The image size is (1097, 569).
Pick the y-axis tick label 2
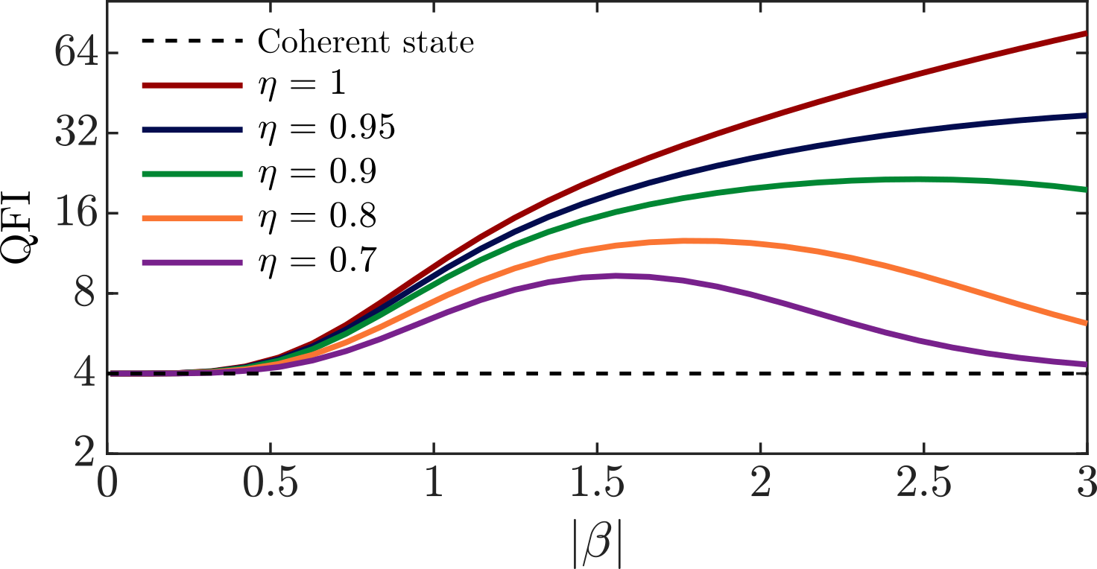[x=84, y=453]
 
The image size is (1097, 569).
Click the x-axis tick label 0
[x=108, y=484]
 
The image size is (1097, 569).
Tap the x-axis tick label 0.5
[x=271, y=484]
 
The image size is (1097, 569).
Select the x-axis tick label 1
[x=434, y=484]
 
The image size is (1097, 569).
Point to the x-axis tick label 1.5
[x=596, y=484]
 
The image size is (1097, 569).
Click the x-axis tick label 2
[x=760, y=484]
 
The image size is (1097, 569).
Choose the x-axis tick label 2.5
[x=923, y=484]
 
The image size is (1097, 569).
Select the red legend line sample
[x=192, y=86]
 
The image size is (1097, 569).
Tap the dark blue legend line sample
[x=192, y=130]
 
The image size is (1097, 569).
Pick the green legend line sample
[x=192, y=174]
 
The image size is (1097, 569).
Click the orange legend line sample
[x=192, y=218]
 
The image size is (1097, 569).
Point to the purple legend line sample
[x=192, y=262]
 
